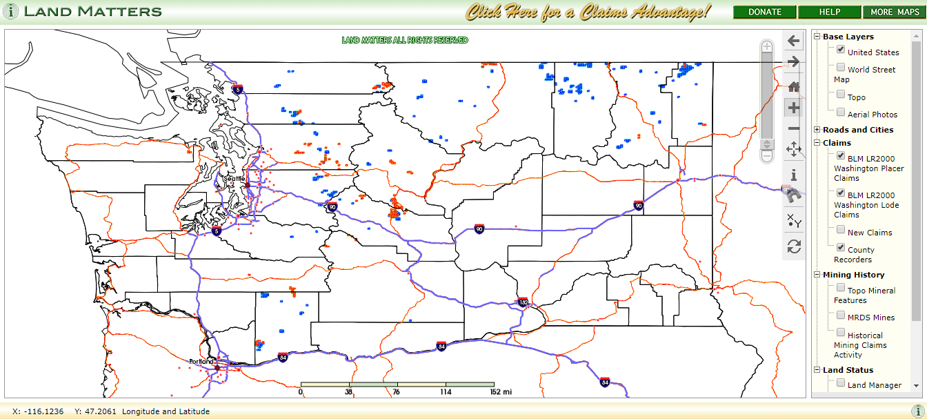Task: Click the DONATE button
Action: coord(765,12)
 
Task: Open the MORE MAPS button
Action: coord(895,12)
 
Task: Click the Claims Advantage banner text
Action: coord(588,12)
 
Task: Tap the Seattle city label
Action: coord(235,178)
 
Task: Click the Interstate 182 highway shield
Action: coord(524,302)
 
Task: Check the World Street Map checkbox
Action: coord(841,68)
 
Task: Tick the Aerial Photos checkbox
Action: coord(841,113)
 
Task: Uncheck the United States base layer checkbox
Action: coord(841,50)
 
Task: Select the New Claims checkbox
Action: coord(841,230)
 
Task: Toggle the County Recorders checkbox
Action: coord(841,247)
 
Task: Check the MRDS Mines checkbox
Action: coord(841,315)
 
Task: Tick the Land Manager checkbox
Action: coord(841,382)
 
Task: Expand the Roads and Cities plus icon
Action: coord(817,130)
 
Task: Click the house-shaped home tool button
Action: coord(794,86)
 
